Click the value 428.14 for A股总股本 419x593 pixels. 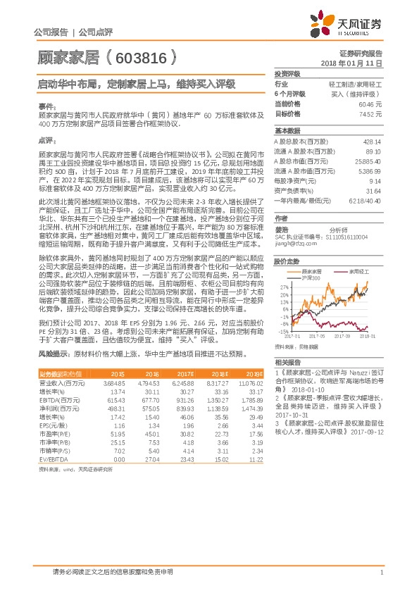pos(371,141)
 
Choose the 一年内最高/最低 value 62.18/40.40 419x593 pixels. pos(363,201)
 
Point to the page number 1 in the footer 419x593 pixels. pos(380,571)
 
